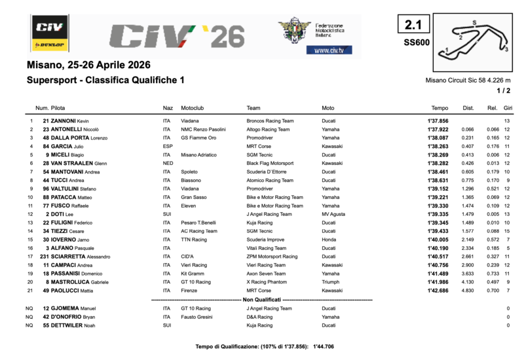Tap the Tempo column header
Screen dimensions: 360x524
tap(440, 107)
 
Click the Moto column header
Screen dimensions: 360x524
tap(328, 107)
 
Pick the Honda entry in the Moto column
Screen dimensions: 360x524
tap(329, 240)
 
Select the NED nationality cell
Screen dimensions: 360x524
tap(168, 164)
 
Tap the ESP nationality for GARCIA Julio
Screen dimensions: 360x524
tap(168, 147)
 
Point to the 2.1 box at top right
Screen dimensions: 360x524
tap(413, 26)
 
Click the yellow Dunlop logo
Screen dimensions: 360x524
tap(49, 45)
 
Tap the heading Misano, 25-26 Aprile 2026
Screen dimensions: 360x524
tap(88, 65)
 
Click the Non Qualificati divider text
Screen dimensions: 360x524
tap(262, 299)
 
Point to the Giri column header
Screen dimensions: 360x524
tap(508, 107)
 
